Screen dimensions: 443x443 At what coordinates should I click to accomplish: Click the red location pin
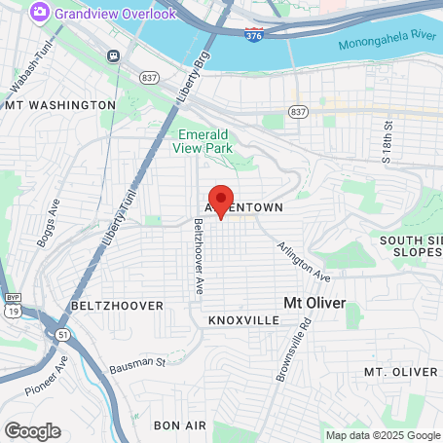pyautogui.click(x=221, y=200)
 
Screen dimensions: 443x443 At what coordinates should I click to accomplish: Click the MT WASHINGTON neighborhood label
pyautogui.click(x=60, y=104)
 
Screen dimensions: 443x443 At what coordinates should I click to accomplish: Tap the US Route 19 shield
pyautogui.click(x=12, y=309)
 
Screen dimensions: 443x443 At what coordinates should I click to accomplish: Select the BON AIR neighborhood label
pyautogui.click(x=180, y=425)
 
